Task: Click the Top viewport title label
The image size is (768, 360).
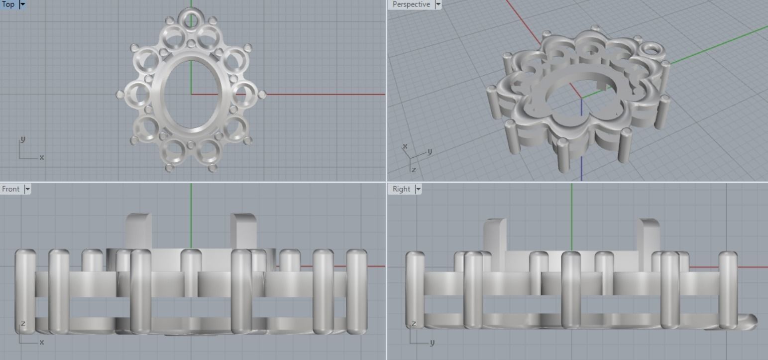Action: [x=8, y=4]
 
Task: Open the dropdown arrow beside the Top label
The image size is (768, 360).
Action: [x=22, y=4]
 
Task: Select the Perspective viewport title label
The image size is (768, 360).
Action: [x=411, y=4]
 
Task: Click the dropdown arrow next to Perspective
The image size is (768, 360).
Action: [x=438, y=4]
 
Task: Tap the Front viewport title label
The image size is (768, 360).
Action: [x=11, y=189]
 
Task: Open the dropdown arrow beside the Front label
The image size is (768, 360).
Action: [x=27, y=189]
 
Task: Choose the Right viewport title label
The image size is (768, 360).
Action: [x=401, y=189]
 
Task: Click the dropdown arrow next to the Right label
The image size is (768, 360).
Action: [x=418, y=189]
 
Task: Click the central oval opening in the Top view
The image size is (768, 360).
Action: [x=191, y=95]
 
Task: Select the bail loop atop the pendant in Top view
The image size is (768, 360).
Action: [x=191, y=19]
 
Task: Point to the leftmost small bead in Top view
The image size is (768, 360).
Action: [x=120, y=94]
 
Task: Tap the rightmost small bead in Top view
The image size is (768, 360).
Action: [x=262, y=94]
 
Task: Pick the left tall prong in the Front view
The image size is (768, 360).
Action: [x=138, y=231]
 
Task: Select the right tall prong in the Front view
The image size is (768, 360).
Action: [x=243, y=231]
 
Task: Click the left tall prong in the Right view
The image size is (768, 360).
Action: [x=494, y=234]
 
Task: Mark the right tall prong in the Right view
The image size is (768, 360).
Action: [x=648, y=234]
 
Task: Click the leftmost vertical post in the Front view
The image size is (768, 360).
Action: [x=25, y=291]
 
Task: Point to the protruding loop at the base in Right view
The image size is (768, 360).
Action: [x=748, y=320]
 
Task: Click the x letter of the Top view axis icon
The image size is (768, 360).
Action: [x=42, y=157]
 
